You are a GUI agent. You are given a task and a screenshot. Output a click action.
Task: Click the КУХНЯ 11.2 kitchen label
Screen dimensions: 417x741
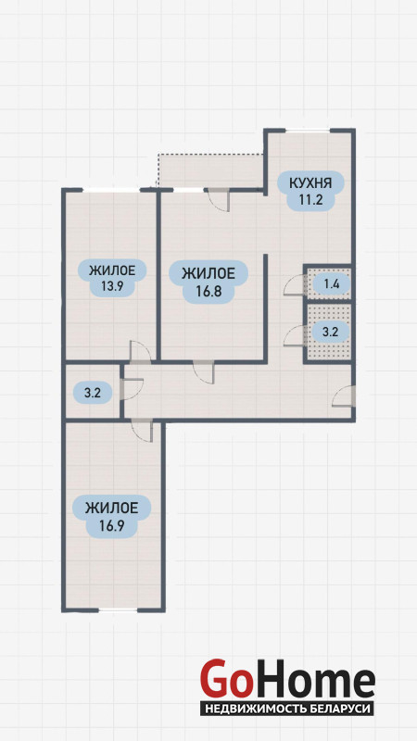coord(310,191)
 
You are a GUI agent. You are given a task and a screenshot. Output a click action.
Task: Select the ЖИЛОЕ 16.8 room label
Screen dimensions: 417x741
coord(208,282)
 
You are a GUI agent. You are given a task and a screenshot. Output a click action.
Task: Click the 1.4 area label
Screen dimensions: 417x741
coord(331,284)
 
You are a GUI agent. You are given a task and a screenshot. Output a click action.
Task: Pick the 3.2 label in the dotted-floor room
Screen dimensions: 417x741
coord(331,332)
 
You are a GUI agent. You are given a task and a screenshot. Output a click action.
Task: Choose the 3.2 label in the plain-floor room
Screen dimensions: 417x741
coord(92,392)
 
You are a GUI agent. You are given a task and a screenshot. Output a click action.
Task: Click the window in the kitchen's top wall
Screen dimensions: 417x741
coord(308,131)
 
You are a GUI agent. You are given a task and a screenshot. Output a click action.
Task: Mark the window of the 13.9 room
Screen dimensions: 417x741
coord(111,190)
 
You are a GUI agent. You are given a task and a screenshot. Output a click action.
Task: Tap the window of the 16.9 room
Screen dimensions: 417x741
coord(118,610)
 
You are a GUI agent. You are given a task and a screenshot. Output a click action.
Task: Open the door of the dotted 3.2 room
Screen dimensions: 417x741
coord(294,336)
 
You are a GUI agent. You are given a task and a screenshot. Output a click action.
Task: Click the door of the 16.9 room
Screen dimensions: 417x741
coord(142,430)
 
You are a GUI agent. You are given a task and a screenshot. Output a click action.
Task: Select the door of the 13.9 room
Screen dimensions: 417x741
coord(141,352)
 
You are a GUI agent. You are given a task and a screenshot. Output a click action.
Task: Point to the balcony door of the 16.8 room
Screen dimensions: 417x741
coord(218,199)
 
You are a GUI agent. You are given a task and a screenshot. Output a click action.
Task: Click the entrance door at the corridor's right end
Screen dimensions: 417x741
coord(344,396)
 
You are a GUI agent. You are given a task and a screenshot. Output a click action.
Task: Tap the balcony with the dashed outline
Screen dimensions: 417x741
coord(210,170)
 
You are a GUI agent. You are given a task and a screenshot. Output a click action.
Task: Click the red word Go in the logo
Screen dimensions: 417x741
coord(224,679)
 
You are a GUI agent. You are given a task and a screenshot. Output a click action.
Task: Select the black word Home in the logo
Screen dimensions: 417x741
coord(312,679)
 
